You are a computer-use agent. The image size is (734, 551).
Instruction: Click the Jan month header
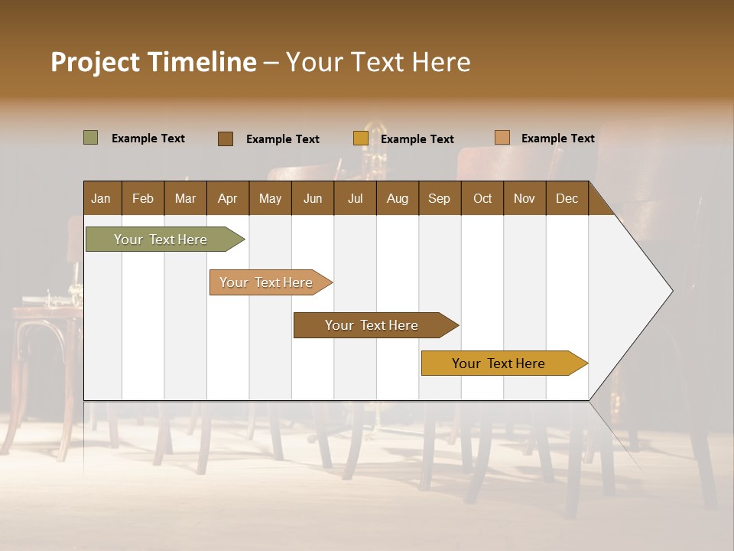pyautogui.click(x=102, y=198)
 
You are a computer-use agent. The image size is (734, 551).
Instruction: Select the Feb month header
pyautogui.click(x=143, y=198)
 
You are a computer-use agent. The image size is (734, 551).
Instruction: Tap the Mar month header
pyautogui.click(x=185, y=198)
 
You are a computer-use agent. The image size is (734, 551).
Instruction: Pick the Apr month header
pyautogui.click(x=228, y=198)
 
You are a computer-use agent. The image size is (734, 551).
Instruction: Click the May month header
pyautogui.click(x=270, y=198)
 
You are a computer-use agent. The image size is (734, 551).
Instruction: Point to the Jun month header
pyautogui.click(x=313, y=198)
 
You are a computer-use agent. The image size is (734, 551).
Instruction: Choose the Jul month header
pyautogui.click(x=355, y=198)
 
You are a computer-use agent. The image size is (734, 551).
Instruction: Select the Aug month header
pyautogui.click(x=398, y=198)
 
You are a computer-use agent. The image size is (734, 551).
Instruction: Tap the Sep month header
pyautogui.click(x=440, y=198)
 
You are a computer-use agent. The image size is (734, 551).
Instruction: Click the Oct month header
pyautogui.click(x=482, y=198)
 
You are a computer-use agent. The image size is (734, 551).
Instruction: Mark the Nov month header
pyautogui.click(x=525, y=198)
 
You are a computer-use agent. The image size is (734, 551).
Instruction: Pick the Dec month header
pyautogui.click(x=567, y=198)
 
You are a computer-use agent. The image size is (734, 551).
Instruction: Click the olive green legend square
pyautogui.click(x=91, y=138)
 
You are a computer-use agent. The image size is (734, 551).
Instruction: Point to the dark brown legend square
pyautogui.click(x=226, y=139)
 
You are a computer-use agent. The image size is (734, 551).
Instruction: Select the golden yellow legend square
pyautogui.click(x=361, y=139)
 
